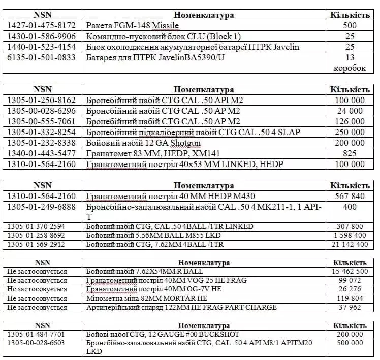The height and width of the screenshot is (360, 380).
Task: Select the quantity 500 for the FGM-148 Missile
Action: coord(350,25)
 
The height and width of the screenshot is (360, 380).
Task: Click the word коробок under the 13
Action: coord(350,68)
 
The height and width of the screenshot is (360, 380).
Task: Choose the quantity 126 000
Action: coord(350,121)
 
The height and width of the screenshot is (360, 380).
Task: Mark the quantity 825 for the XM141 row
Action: coord(350,153)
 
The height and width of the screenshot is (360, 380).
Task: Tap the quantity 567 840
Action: coord(350,196)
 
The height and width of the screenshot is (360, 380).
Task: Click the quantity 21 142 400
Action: coord(350,244)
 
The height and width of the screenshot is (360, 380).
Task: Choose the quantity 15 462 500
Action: coord(350,272)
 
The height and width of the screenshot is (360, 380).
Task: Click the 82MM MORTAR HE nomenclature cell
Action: coord(147,299)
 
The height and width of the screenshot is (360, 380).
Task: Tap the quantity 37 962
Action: coord(350,307)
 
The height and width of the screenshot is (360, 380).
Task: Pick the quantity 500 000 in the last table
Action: coord(350,343)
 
